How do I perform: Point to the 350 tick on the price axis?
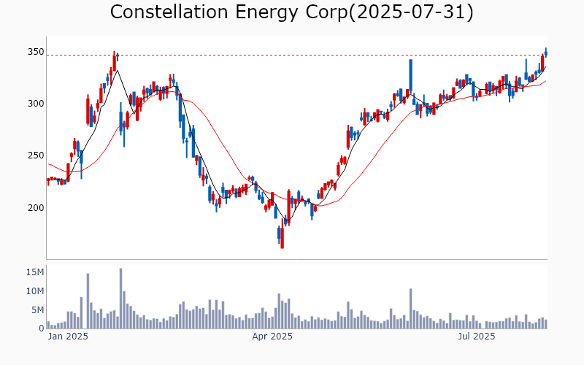[36, 52]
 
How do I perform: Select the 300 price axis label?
[36, 104]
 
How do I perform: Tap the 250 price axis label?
[36, 155]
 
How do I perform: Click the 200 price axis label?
[36, 207]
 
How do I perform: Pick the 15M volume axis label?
[35, 272]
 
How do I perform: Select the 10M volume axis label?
[35, 291]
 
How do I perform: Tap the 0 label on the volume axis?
[42, 328]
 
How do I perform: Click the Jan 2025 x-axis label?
[68, 337]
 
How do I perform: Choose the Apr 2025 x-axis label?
[272, 337]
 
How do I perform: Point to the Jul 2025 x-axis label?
[476, 337]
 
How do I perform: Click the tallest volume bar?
[120, 299]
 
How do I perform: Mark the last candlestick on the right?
[545, 52]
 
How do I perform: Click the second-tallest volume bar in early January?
[88, 301]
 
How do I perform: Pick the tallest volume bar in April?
[279, 311]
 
